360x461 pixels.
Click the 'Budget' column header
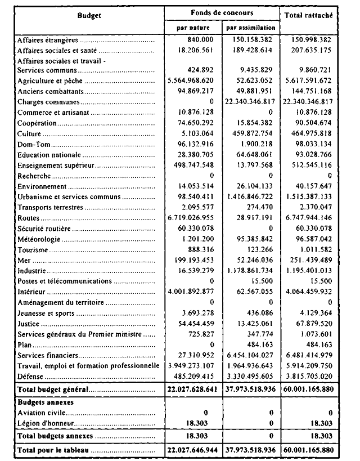tap(89, 16)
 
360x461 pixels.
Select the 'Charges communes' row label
tap(48, 103)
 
